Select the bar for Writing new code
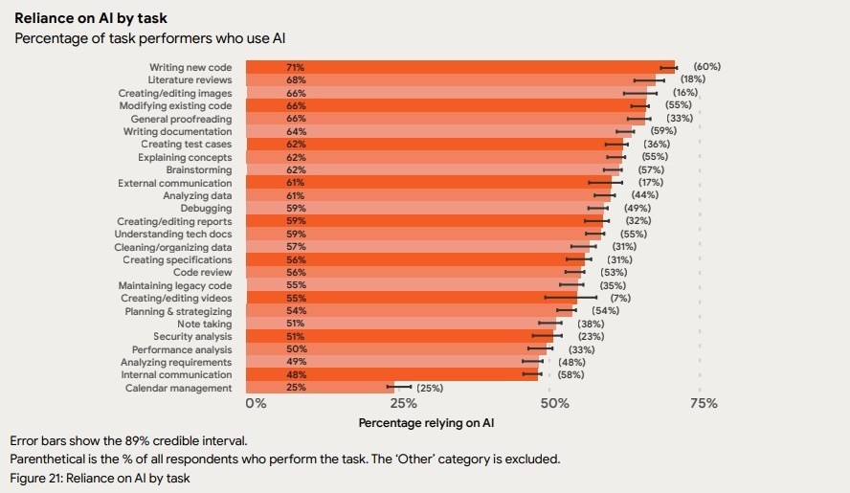(x=459, y=67)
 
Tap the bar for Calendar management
(x=320, y=388)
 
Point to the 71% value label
(x=295, y=67)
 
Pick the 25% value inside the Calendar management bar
(x=295, y=388)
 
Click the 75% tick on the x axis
(x=704, y=404)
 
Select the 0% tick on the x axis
(x=256, y=404)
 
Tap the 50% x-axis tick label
(x=554, y=404)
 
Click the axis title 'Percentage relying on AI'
(x=426, y=422)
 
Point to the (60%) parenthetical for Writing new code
(x=706, y=67)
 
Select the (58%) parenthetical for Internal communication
(x=571, y=375)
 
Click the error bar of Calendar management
(x=398, y=388)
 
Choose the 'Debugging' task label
(x=206, y=208)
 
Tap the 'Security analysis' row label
(x=192, y=337)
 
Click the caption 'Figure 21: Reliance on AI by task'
(x=101, y=477)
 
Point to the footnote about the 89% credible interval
(x=128, y=441)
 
